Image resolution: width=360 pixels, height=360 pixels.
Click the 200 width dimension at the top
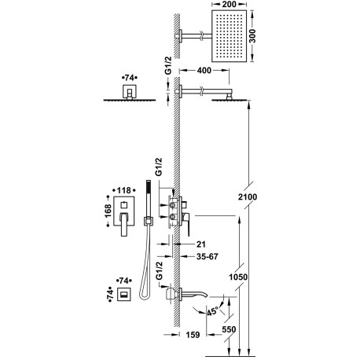[x=229, y=4]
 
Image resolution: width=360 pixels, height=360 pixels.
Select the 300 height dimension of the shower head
[x=252, y=36]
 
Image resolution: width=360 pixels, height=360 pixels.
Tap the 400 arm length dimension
[x=204, y=70]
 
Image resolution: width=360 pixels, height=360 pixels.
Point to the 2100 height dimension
[x=248, y=197]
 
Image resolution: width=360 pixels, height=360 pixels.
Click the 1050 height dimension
[x=238, y=277]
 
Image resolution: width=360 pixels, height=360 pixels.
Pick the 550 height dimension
[x=229, y=329]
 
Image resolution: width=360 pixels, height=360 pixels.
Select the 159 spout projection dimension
[x=193, y=335]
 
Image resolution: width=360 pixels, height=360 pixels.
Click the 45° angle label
[x=212, y=312]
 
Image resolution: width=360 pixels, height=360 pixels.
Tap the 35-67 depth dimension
[x=207, y=256]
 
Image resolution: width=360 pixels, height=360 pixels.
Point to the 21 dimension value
[x=201, y=244]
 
